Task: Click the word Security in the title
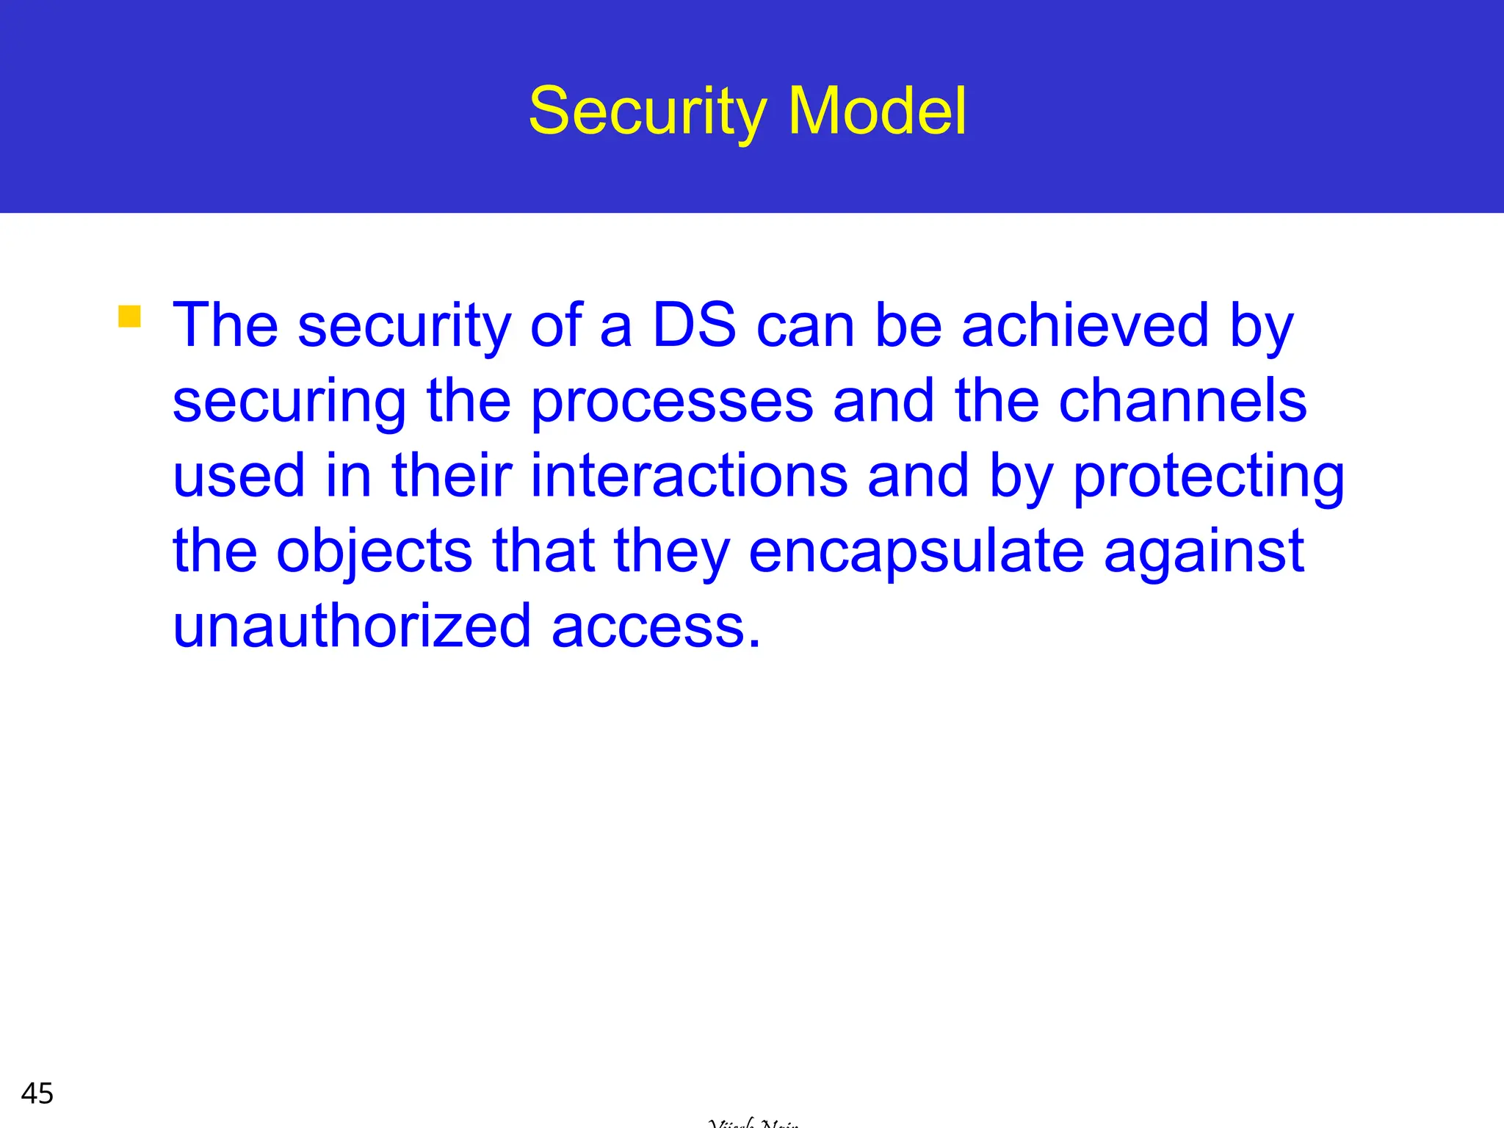647,112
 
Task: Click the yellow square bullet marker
129,316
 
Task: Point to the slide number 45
37,1093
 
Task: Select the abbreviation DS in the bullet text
694,325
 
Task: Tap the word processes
672,402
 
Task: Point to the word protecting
1209,477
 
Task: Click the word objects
374,552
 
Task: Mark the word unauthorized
352,626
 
